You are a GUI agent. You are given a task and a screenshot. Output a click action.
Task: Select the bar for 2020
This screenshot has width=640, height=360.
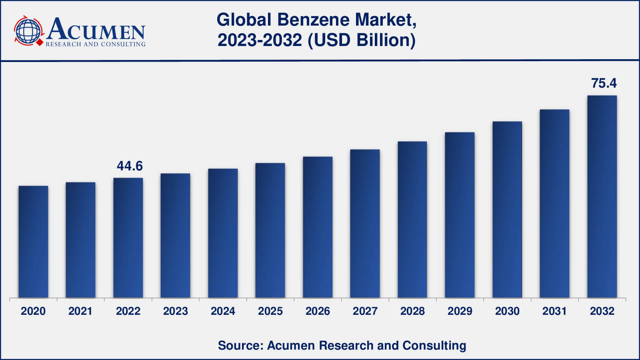click(33, 242)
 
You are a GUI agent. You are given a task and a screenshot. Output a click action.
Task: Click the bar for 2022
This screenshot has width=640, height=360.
click(128, 238)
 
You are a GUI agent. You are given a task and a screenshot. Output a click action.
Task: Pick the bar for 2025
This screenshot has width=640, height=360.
click(270, 230)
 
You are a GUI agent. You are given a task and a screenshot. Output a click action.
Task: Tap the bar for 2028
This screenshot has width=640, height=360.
click(412, 220)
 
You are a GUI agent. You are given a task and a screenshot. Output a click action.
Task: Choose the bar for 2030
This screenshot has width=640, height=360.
click(507, 210)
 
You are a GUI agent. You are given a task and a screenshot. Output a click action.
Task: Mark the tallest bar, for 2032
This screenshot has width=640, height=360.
click(602, 196)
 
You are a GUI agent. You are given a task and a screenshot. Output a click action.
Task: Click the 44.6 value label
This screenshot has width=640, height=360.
click(130, 166)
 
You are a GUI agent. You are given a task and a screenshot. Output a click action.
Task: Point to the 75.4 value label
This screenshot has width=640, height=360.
click(604, 83)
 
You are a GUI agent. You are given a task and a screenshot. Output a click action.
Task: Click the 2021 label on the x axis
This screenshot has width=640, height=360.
click(80, 311)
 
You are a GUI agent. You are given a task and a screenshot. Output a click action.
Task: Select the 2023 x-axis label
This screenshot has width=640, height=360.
click(176, 311)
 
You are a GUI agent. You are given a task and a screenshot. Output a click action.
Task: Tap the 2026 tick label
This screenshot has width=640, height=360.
click(318, 311)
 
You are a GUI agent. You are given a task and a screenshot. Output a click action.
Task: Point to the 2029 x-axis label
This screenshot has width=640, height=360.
click(460, 311)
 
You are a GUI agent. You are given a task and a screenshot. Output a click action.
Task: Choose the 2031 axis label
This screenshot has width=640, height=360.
click(555, 311)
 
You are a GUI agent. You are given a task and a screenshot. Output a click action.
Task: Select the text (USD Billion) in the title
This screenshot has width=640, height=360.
click(362, 40)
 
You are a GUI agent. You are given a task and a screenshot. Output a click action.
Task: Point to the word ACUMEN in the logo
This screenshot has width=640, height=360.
click(96, 30)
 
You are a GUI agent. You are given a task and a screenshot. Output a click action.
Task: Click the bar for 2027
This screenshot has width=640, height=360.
click(365, 224)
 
